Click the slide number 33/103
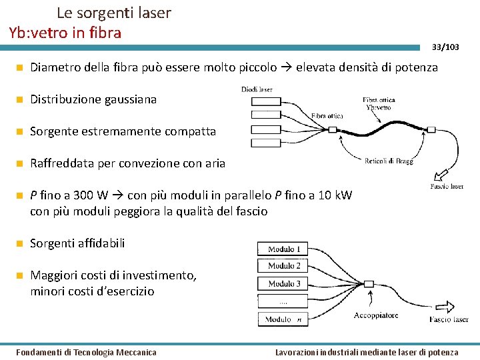click(445, 47)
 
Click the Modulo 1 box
click(284, 249)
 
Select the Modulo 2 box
click(284, 266)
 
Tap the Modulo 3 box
click(284, 283)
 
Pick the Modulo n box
click(284, 319)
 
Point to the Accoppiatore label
click(376, 315)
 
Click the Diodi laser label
click(257, 89)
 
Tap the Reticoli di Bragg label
click(389, 161)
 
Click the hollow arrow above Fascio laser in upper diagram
click(441, 175)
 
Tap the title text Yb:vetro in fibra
click(65, 32)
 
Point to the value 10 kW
click(337, 195)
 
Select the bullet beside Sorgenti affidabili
click(20, 243)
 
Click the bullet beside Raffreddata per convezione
click(20, 163)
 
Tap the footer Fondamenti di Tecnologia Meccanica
click(86, 352)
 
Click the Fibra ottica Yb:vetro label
click(379, 104)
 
